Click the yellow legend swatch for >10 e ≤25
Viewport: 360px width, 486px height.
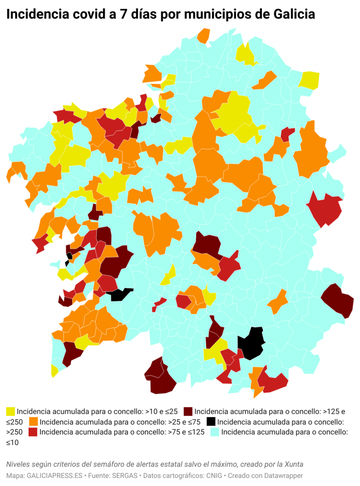(x=10, y=411)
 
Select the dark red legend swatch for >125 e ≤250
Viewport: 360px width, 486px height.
(x=189, y=411)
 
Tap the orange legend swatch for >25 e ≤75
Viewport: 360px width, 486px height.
(x=34, y=422)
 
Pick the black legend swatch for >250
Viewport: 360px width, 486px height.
(x=211, y=422)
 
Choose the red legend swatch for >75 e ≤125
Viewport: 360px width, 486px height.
(x=34, y=432)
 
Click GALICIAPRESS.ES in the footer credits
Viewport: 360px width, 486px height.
(x=53, y=476)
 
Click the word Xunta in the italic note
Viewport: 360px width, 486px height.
(x=292, y=464)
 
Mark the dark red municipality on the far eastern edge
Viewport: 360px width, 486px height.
(x=338, y=300)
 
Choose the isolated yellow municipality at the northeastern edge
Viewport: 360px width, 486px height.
(x=310, y=80)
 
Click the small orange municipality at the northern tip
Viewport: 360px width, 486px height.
(x=204, y=35)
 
